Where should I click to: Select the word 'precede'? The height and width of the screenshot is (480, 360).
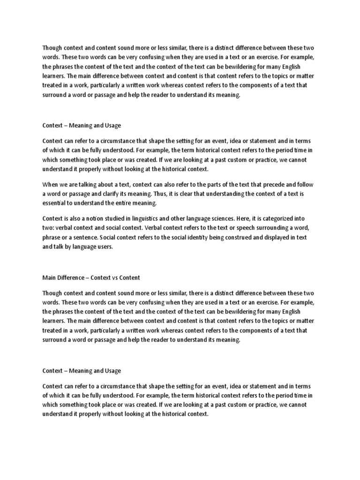point(276,185)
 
